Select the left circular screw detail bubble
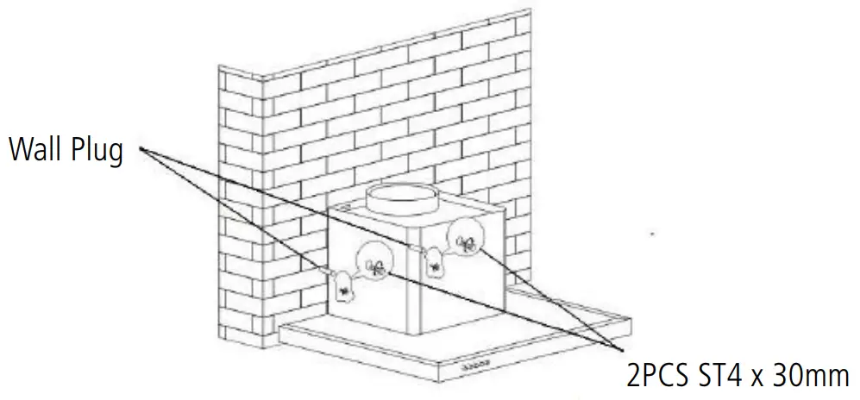[374, 260]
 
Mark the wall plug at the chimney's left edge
[328, 271]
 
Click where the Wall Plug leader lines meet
[138, 152]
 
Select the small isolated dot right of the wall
[653, 233]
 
